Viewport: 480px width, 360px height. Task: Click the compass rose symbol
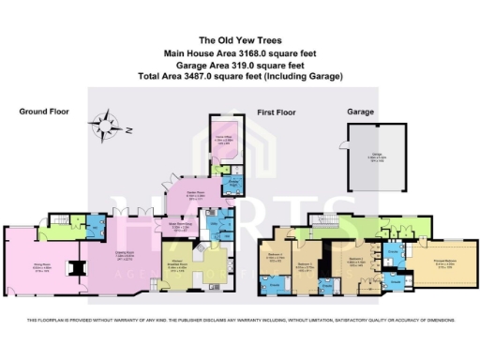coord(105,123)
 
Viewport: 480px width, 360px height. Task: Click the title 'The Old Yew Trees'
coord(240,40)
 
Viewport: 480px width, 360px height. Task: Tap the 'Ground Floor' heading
coord(45,112)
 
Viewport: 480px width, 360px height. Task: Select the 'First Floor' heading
coord(276,112)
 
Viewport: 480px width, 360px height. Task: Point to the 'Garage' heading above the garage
coord(361,112)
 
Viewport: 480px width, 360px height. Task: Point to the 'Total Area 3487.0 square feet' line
coord(240,75)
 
